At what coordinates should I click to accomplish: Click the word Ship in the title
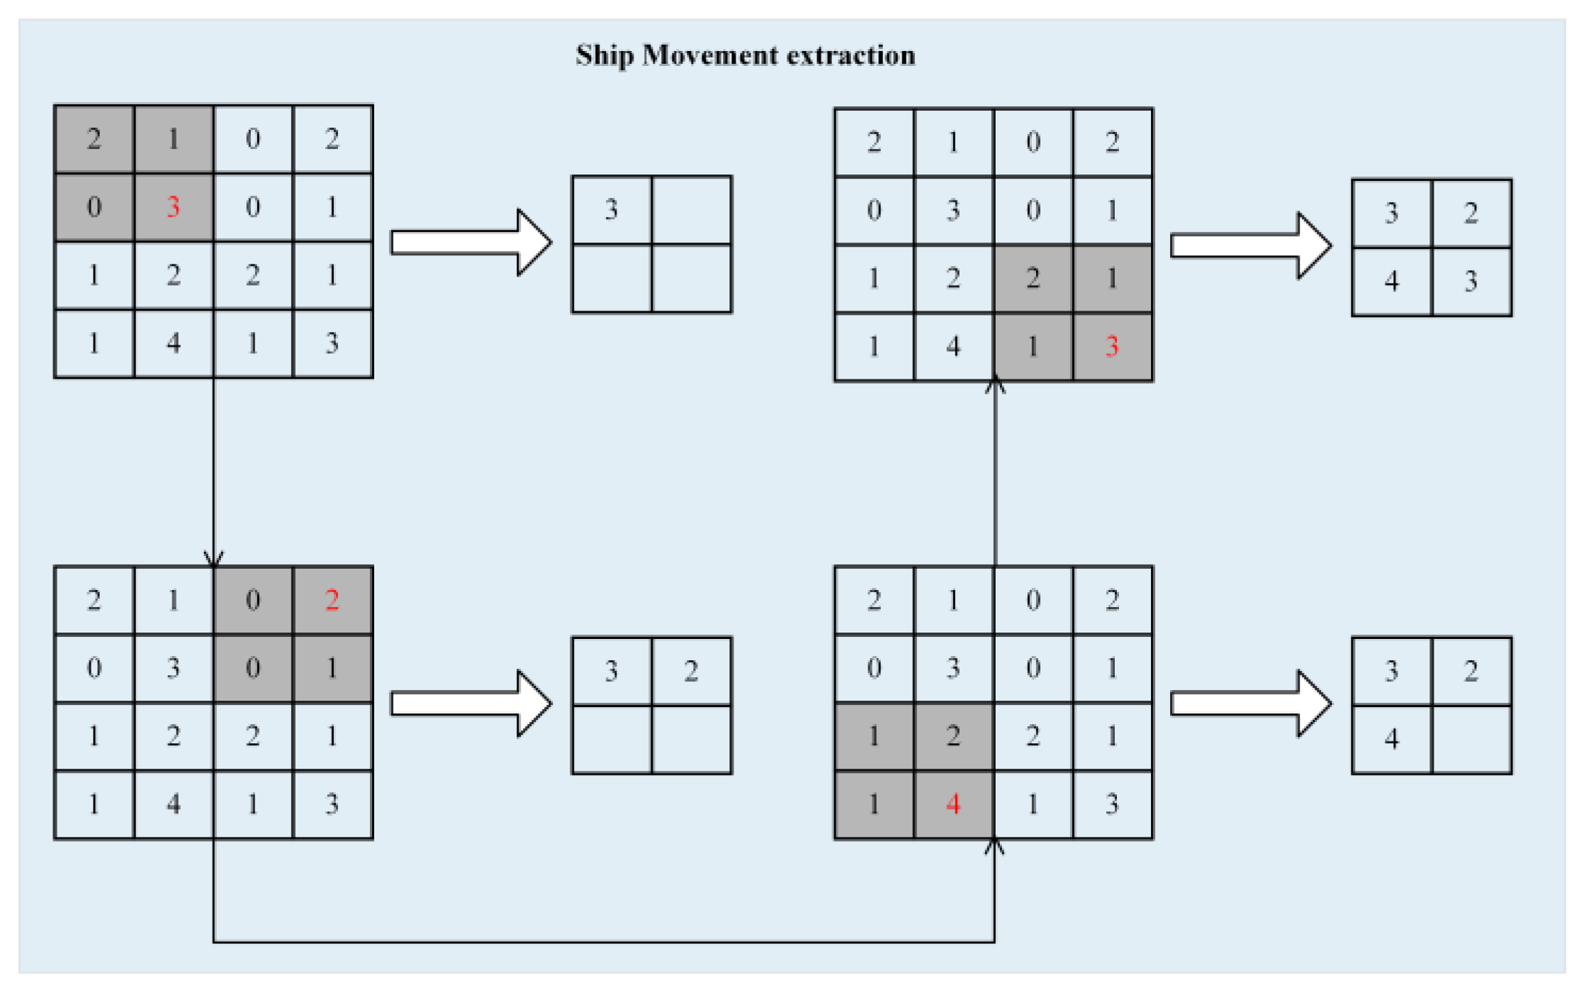pyautogui.click(x=604, y=56)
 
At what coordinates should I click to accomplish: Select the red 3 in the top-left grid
pyautogui.click(x=173, y=207)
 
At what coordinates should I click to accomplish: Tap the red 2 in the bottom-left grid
pyautogui.click(x=332, y=600)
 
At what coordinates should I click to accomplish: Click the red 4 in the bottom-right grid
pyautogui.click(x=953, y=804)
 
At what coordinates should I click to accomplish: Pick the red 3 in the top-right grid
pyautogui.click(x=1112, y=346)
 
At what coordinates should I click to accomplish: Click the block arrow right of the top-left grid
pyautogui.click(x=471, y=243)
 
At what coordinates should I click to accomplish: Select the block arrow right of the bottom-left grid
pyautogui.click(x=471, y=703)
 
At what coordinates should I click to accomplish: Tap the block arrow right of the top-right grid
pyautogui.click(x=1250, y=245)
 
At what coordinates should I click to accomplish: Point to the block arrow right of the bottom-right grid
pyautogui.click(x=1250, y=703)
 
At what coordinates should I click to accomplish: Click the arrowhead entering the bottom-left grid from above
pyautogui.click(x=213, y=559)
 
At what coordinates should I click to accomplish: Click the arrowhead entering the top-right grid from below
pyautogui.click(x=995, y=386)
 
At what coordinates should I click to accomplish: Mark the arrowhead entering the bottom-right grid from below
pyautogui.click(x=994, y=846)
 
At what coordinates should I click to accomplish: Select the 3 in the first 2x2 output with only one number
pyautogui.click(x=612, y=209)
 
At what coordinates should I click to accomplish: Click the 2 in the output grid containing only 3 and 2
pyautogui.click(x=691, y=671)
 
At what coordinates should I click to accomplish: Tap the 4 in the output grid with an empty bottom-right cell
pyautogui.click(x=1391, y=739)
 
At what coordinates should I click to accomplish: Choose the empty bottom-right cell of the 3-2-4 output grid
pyautogui.click(x=1471, y=739)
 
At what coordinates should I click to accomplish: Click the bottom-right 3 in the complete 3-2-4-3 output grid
pyautogui.click(x=1471, y=282)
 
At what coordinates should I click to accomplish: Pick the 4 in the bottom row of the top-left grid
pyautogui.click(x=173, y=343)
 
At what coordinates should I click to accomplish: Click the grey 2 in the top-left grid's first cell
pyautogui.click(x=94, y=139)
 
